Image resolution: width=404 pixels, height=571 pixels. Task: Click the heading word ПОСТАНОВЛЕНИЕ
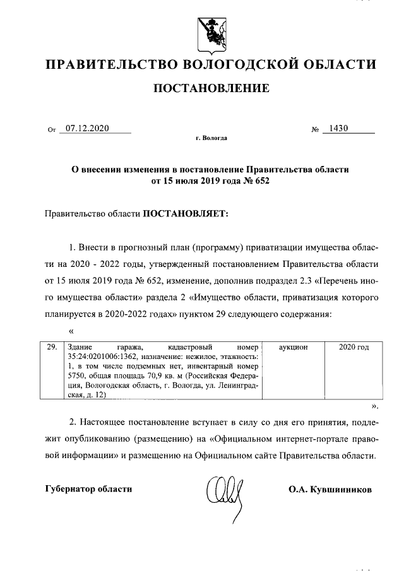[211, 88]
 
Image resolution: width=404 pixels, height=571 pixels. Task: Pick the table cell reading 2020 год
[353, 347]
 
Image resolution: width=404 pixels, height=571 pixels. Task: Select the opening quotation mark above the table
[71, 330]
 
